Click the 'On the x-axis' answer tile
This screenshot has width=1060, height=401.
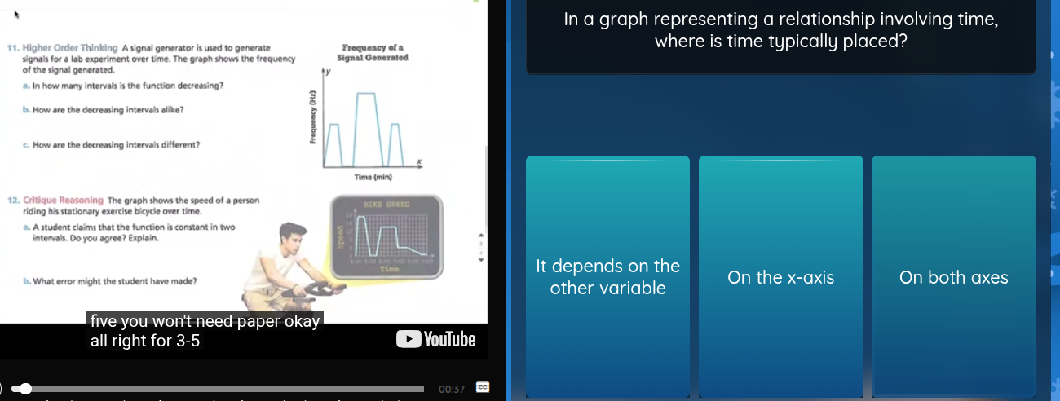780,277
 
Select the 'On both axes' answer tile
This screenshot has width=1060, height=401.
953,277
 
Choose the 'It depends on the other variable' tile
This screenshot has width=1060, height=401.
607,277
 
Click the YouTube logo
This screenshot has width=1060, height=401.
435,339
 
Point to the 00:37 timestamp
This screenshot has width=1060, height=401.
451,389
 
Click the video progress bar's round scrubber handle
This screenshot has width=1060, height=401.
26,389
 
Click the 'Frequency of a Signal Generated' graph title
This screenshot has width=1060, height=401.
373,53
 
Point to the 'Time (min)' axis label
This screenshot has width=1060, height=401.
373,177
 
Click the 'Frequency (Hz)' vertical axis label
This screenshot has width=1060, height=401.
311,117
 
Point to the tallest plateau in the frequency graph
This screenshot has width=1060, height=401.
367,94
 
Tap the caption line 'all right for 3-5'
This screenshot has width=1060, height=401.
145,341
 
